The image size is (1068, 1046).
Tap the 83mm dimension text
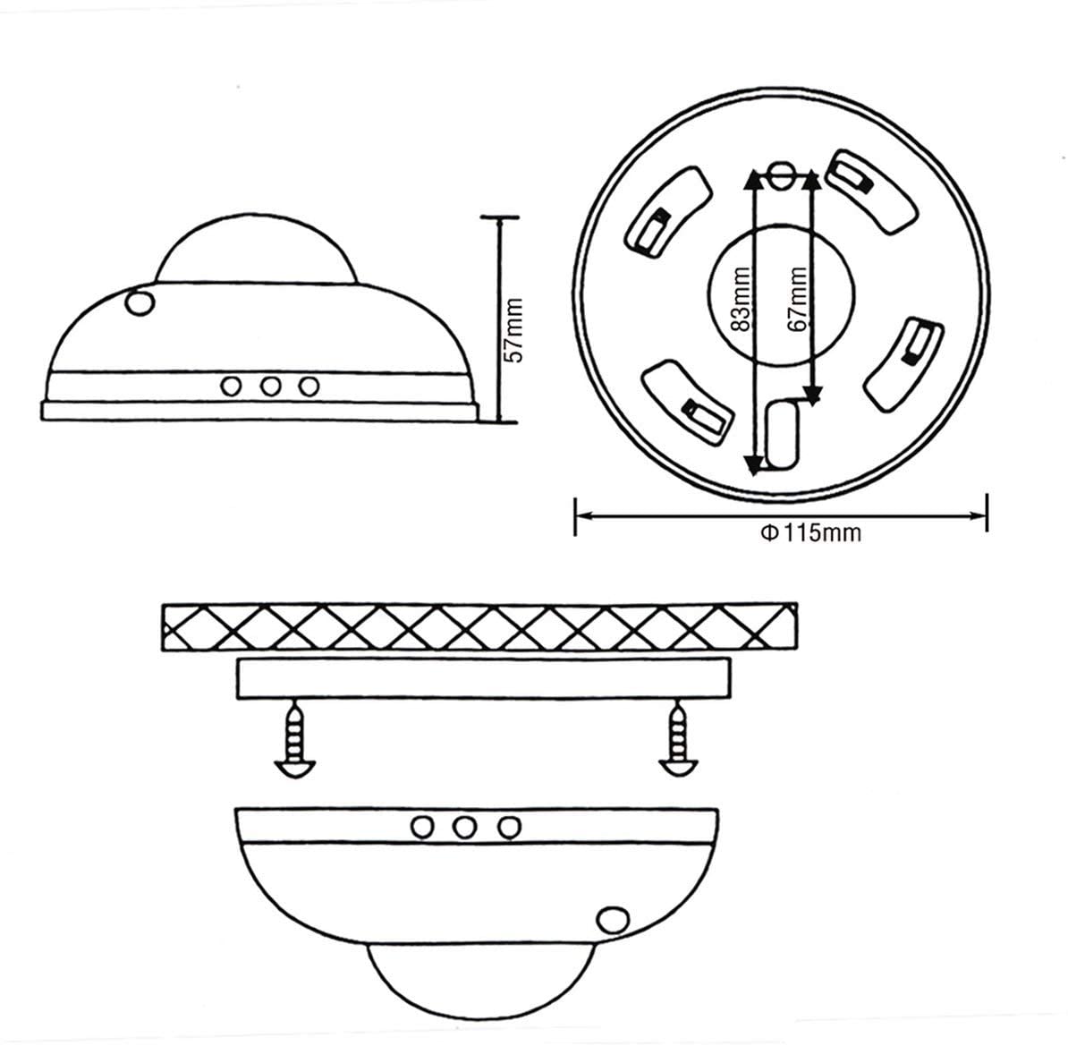pos(741,299)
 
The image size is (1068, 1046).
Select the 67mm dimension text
pos(797,299)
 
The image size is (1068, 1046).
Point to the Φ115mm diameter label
pos(810,532)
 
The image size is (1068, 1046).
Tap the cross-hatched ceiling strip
pos(479,626)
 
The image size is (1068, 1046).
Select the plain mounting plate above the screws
pos(483,678)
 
